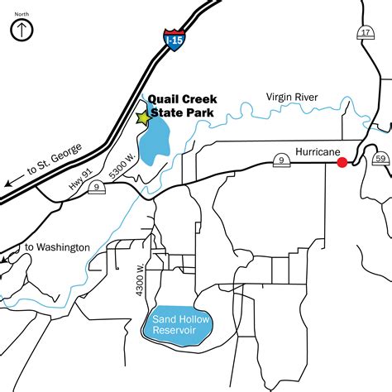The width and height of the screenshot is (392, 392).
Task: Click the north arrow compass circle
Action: click(x=22, y=31)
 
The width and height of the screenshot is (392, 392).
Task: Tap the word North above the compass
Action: click(x=22, y=12)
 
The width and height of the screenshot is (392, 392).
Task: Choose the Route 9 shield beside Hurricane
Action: click(x=283, y=159)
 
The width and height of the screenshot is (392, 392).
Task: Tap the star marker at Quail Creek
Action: click(x=144, y=118)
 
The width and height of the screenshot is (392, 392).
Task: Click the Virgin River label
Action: click(x=292, y=98)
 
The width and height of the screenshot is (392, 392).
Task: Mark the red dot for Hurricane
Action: click(x=342, y=163)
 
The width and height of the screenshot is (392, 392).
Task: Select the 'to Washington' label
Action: click(x=57, y=247)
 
